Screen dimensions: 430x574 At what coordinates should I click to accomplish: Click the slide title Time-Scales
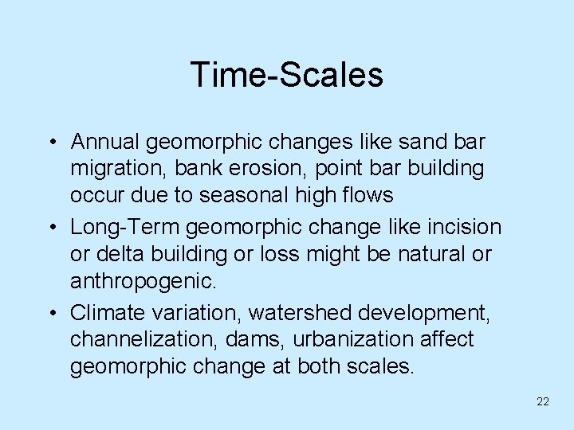pyautogui.click(x=287, y=76)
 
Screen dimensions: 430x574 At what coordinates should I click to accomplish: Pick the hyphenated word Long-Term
pyautogui.click(x=125, y=228)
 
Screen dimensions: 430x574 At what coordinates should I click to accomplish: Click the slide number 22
pyautogui.click(x=543, y=402)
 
